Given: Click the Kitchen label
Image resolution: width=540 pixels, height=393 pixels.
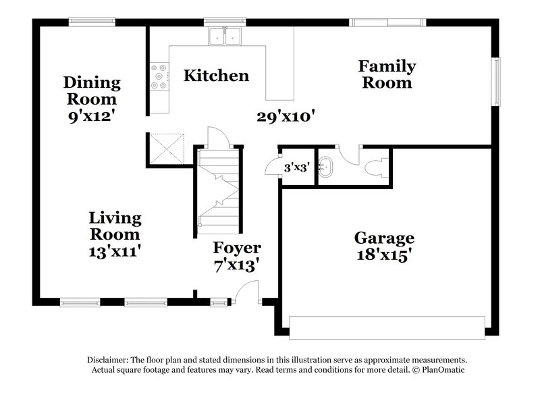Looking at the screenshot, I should coord(216,75).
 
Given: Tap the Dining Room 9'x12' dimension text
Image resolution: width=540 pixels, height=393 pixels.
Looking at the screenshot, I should coord(92,115).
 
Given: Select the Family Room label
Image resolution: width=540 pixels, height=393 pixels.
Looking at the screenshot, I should coord(386,74).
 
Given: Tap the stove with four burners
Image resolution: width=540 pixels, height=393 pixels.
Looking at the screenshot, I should coord(160,76).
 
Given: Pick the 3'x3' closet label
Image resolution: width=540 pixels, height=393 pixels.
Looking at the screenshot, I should coord(296,167).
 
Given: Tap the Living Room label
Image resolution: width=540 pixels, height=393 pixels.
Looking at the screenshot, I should coord(115,226).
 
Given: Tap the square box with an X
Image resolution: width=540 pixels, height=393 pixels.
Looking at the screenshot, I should coord(167,148).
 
